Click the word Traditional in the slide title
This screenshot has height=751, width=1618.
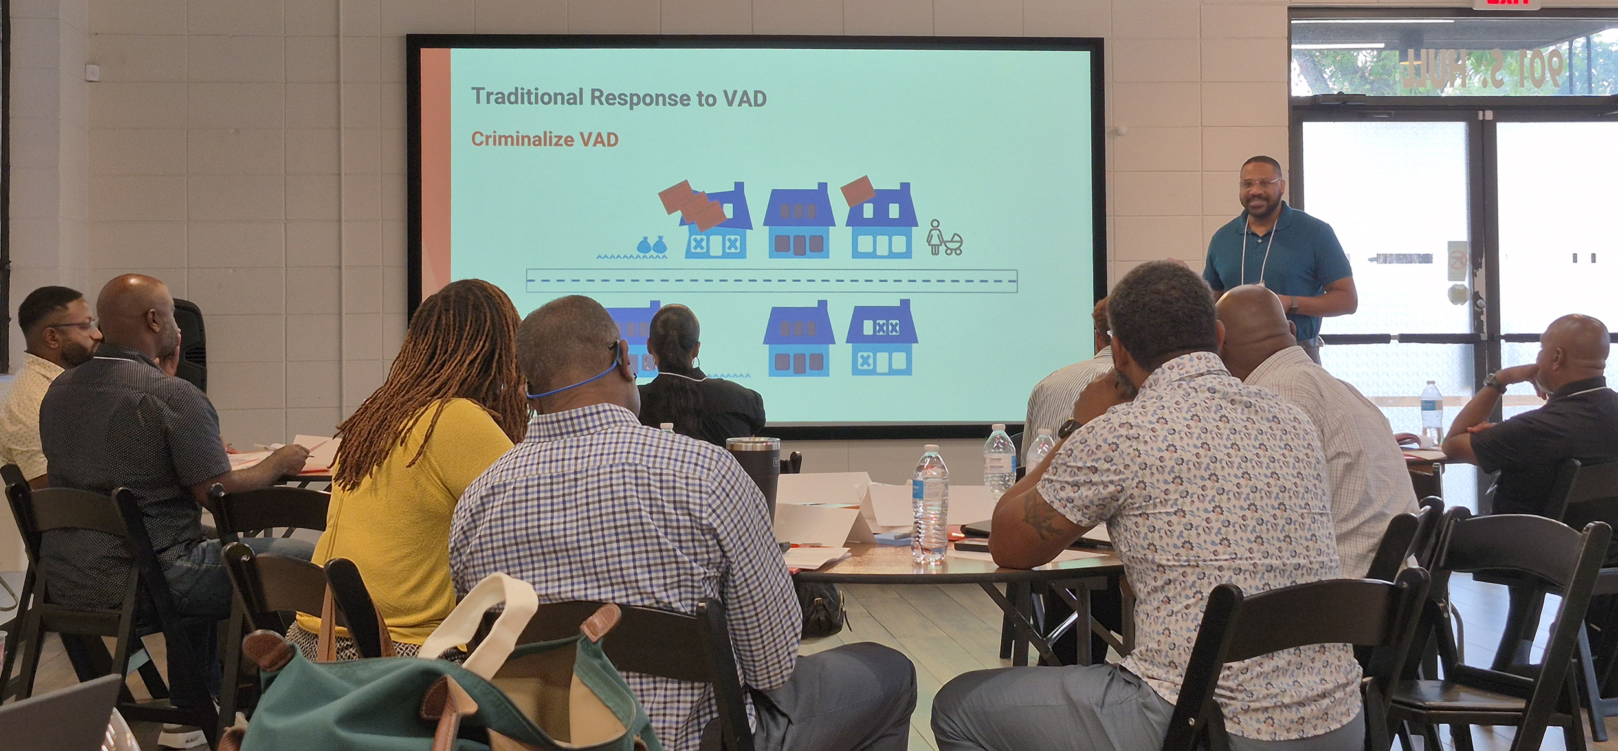527,97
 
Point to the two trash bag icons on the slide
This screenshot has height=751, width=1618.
651,245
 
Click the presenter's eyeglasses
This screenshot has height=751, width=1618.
1259,183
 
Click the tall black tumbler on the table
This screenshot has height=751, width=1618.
755,473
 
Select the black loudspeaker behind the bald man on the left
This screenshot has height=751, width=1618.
190,343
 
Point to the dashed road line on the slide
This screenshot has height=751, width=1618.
770,282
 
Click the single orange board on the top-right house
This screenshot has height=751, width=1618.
858,190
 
